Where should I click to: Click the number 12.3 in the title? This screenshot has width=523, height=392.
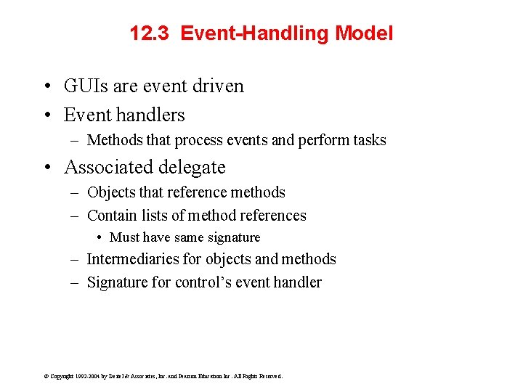(149, 33)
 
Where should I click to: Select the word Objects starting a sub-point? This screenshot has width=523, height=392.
(111, 192)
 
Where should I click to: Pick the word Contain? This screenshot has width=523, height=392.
(111, 216)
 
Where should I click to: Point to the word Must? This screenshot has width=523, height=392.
(124, 237)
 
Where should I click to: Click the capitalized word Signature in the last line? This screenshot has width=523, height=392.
(117, 282)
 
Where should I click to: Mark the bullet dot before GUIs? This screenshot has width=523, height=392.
(46, 86)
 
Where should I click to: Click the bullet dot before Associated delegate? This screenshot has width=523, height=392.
(46, 168)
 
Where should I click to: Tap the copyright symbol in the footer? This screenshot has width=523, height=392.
(46, 376)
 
